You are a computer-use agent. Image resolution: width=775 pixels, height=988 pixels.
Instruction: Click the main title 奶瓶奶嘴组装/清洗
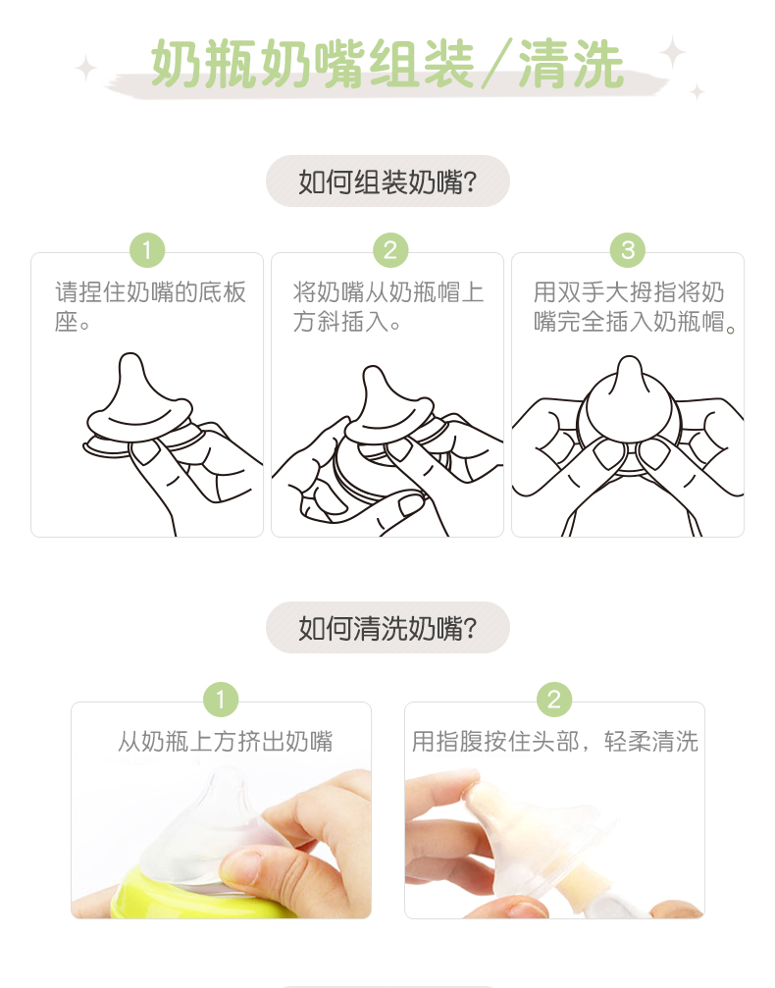pos(387,64)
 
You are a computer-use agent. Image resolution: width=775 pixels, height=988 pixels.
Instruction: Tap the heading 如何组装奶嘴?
pos(387,182)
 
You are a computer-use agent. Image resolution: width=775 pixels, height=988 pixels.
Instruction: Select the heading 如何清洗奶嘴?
pos(387,628)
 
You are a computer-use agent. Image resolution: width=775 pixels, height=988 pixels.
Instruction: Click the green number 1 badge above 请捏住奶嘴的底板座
pos(147,250)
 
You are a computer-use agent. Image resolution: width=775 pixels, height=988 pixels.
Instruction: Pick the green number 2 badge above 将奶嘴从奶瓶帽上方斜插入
pos(390,250)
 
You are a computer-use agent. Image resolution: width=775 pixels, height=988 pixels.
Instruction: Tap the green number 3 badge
pos(628,250)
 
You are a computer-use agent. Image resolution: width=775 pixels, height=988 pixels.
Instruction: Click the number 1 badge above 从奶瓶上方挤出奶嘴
pos(221,700)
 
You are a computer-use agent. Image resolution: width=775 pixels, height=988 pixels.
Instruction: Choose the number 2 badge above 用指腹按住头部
pos(554,700)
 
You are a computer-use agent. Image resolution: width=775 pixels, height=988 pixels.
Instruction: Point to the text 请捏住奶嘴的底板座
pos(150,307)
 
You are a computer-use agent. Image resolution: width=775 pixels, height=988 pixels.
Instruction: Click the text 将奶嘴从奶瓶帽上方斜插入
pos(388,307)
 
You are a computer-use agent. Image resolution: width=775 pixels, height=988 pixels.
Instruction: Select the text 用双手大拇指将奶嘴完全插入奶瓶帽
pos(634,307)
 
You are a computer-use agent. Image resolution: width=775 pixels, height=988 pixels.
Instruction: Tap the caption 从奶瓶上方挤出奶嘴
pos(225,742)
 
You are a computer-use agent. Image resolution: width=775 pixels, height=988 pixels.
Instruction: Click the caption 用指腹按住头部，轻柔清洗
pos(555,742)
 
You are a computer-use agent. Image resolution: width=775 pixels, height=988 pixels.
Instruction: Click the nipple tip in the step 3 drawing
pos(629,361)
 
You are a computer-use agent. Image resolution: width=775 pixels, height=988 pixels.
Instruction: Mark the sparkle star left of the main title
pos(85,68)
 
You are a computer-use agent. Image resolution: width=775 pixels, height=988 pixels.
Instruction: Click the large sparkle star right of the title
pos(672,52)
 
